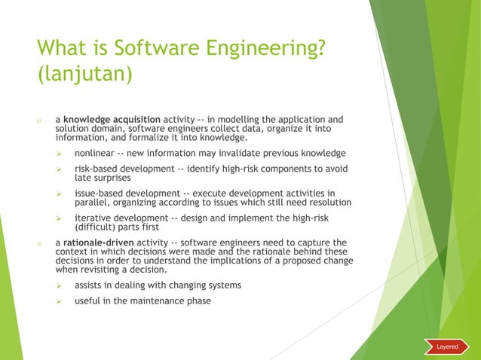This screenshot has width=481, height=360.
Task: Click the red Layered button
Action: pos(448,346)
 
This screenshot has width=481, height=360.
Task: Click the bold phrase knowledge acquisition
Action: pos(112,119)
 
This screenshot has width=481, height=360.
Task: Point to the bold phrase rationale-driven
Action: pos(98,243)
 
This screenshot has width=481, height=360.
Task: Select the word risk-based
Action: pos(97,169)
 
